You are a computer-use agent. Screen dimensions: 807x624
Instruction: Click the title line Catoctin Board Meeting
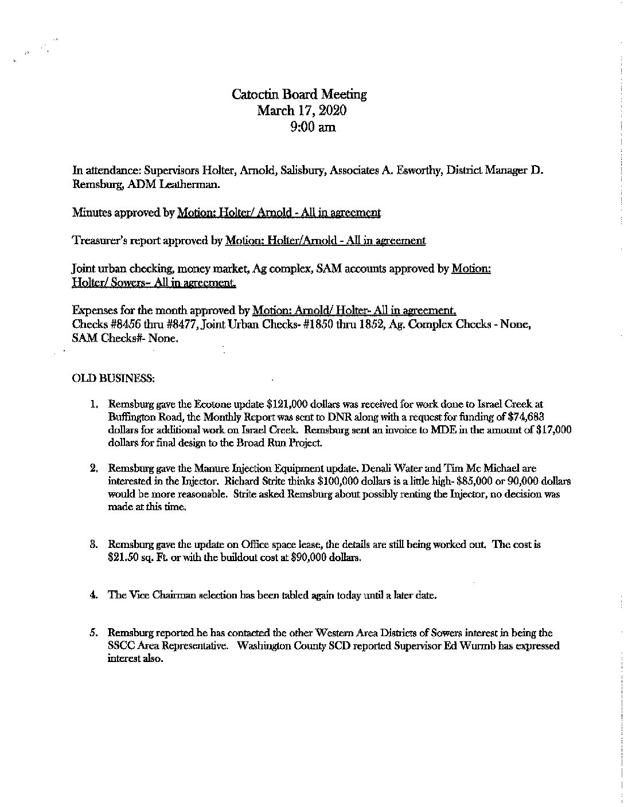tap(299, 94)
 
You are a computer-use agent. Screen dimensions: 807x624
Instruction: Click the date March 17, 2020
tap(302, 110)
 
